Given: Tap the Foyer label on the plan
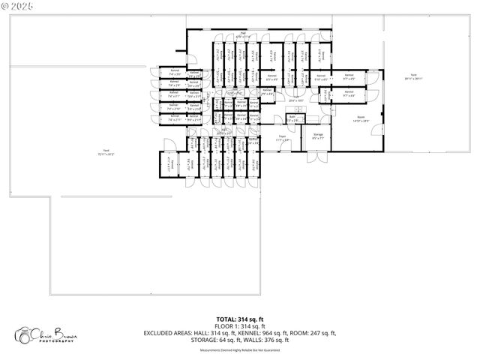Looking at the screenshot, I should pyautogui.click(x=282, y=139).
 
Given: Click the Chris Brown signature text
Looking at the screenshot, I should pyautogui.click(x=56, y=332).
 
